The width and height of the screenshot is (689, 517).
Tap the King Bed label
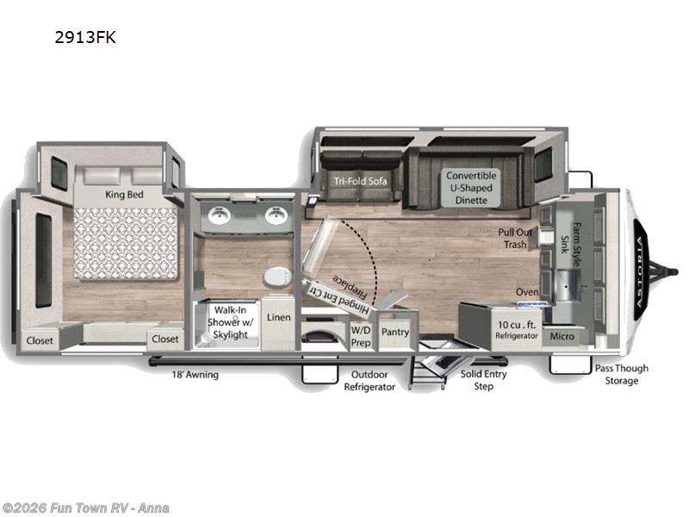coord(123,195)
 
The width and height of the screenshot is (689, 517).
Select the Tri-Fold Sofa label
coord(360,181)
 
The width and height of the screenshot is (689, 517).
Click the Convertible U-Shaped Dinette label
coord(471,188)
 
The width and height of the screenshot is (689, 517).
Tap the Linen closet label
coord(279,317)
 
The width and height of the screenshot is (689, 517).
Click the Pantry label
coord(394,332)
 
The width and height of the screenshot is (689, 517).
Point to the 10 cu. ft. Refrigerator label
coord(518,330)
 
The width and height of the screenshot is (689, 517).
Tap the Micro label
coord(563,335)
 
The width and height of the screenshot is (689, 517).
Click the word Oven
coord(527,292)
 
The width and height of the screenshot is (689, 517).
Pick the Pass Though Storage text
coord(621,374)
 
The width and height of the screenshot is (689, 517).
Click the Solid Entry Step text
coord(483,380)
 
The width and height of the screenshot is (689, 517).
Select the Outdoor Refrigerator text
coord(369,380)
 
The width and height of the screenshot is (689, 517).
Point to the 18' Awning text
coord(195,375)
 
